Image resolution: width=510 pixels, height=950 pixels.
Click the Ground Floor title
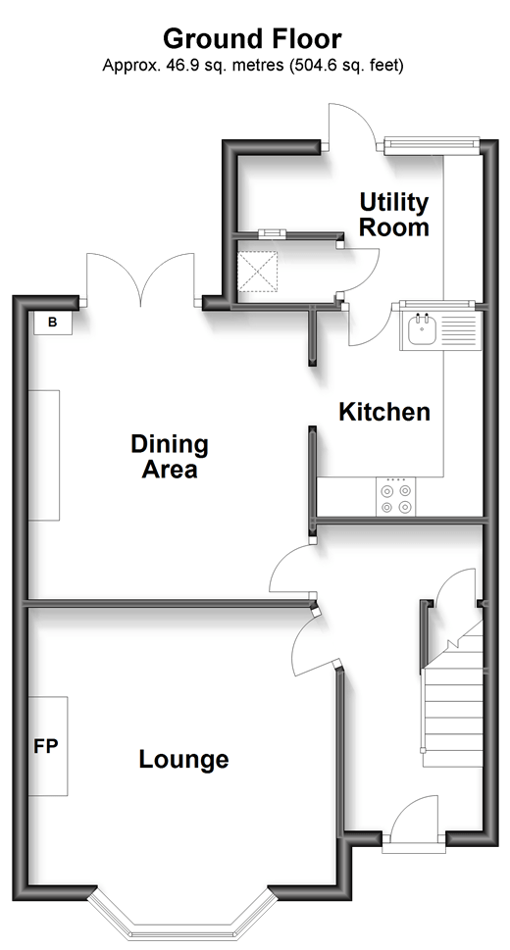point(252,39)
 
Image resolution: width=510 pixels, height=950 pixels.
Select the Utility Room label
point(394,215)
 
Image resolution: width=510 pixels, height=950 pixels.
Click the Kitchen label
point(384,412)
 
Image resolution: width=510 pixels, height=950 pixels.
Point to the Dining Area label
point(170,457)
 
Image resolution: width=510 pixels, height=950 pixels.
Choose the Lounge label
point(183,759)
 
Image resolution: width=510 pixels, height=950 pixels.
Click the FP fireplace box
point(48,746)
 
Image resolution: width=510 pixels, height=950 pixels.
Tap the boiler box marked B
point(52,323)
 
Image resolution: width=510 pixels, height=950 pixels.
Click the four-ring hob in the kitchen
point(396,497)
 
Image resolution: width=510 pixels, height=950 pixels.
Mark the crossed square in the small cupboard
point(258,273)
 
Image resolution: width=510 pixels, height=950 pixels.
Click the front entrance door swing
point(414,818)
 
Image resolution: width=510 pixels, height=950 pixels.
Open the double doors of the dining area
point(141,278)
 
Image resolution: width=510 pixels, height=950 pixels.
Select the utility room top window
point(433,143)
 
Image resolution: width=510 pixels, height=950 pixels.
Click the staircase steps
point(452,715)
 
